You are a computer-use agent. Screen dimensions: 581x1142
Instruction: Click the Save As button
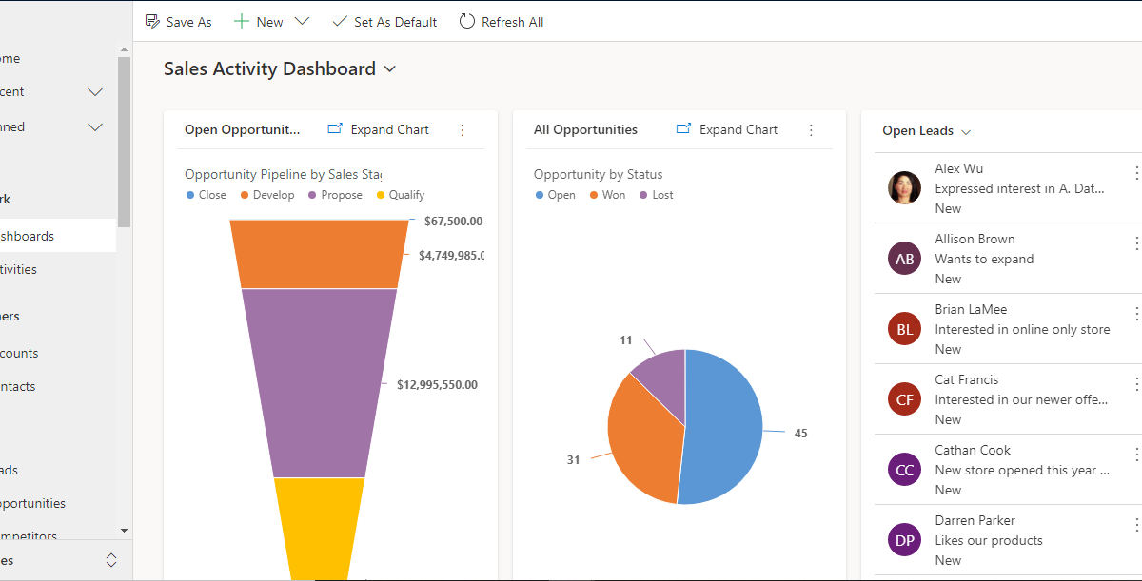point(178,22)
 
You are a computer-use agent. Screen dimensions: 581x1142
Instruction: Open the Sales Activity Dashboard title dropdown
point(389,69)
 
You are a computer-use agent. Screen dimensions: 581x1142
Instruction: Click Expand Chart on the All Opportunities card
point(727,130)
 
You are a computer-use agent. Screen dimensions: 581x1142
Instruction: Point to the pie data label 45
point(800,434)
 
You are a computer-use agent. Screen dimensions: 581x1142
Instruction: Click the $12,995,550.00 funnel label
point(437,385)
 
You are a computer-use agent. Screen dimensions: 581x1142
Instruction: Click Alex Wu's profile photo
point(904,188)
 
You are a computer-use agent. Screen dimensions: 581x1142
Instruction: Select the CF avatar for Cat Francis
point(904,399)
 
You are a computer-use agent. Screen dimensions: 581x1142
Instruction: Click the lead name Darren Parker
point(975,520)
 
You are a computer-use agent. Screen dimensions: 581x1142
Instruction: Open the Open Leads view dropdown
point(966,132)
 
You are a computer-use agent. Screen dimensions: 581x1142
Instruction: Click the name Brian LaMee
point(971,309)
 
